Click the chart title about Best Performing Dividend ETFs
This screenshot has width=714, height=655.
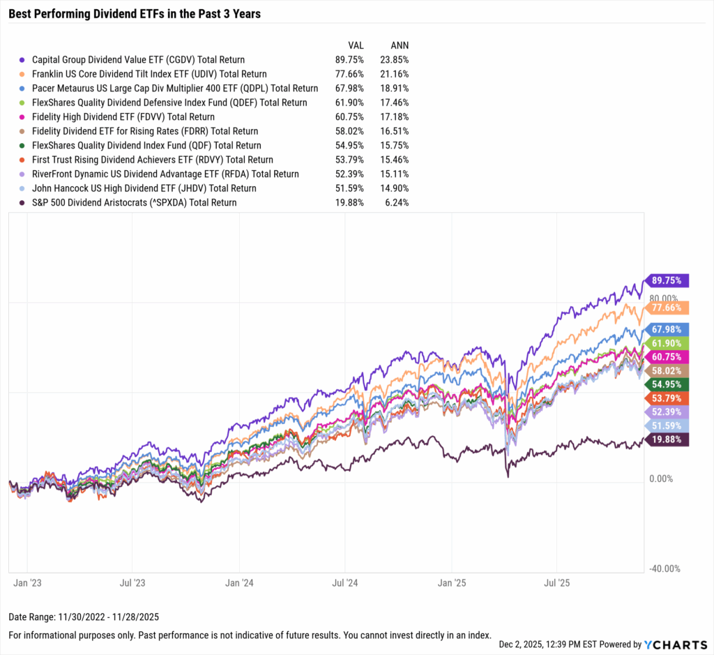(x=135, y=13)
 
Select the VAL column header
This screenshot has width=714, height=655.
(x=354, y=45)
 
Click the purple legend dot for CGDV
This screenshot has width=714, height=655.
(x=23, y=60)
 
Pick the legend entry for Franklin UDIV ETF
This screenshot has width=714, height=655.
(x=149, y=74)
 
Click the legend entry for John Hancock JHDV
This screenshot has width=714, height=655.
(x=144, y=188)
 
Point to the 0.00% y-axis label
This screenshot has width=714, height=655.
(x=662, y=479)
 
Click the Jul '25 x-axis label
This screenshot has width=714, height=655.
(x=557, y=580)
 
